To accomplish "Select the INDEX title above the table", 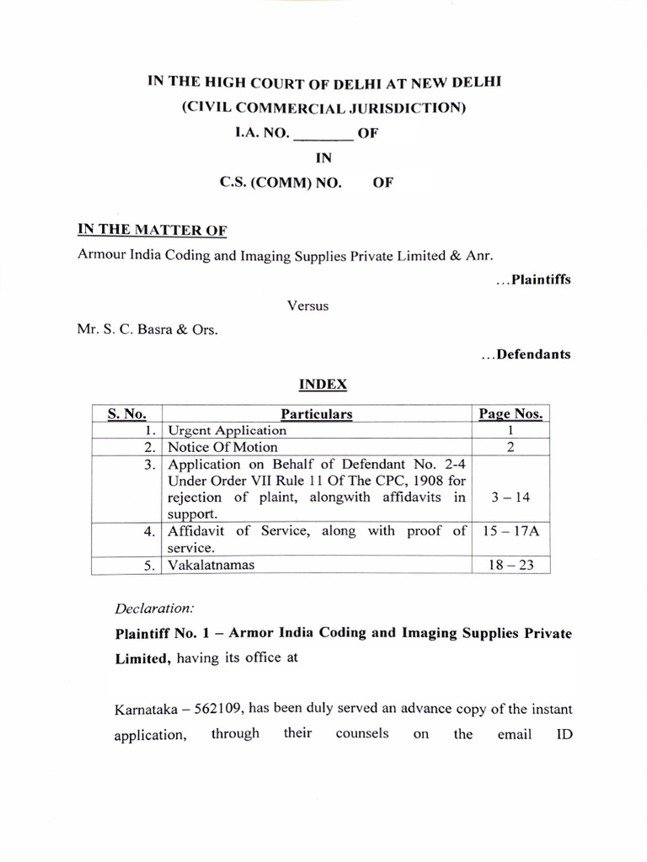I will pos(323,383).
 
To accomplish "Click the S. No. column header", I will pos(127,413).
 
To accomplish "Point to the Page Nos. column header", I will pos(511,413).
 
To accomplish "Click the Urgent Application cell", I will pos(227,430).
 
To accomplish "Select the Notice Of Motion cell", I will pos(222,447).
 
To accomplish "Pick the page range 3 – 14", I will pos(510,497).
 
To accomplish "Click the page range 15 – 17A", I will pos(510,531).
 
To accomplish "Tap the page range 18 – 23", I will pos(510,565).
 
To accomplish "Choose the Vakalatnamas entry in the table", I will pos(211,565).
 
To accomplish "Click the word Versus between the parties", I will pos(308,306).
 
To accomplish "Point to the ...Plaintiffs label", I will pos(532,279).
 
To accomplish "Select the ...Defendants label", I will pos(526,354).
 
